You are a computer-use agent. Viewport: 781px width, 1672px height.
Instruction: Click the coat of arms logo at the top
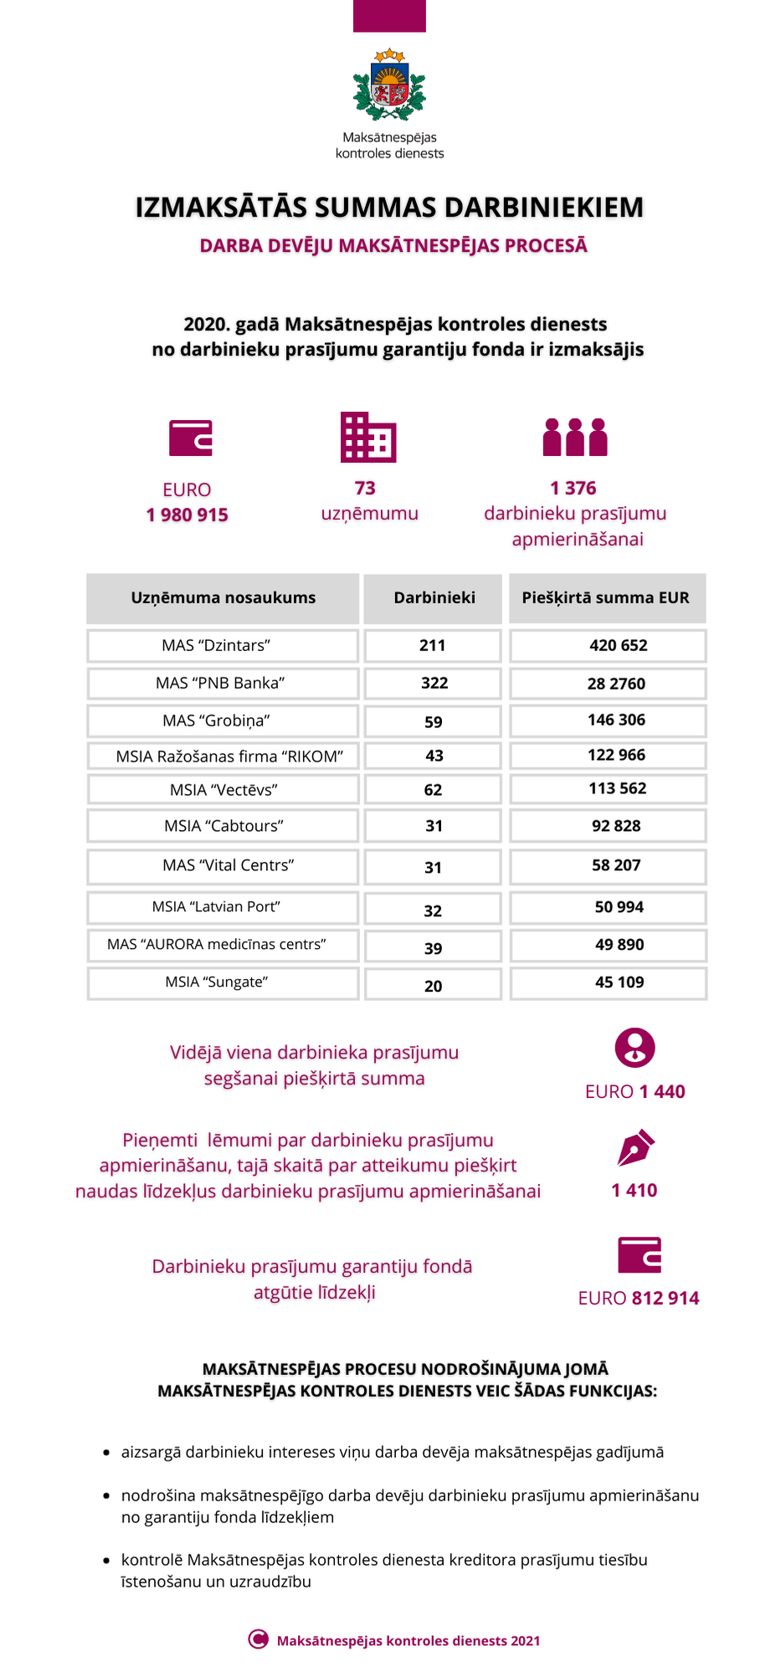tap(389, 86)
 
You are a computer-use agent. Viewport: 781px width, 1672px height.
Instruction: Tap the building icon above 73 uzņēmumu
tap(368, 437)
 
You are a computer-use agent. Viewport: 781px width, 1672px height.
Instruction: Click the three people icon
tap(575, 437)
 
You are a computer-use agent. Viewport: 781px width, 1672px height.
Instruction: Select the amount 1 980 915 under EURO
tap(188, 515)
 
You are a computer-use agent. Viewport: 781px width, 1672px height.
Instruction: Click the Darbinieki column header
tap(434, 598)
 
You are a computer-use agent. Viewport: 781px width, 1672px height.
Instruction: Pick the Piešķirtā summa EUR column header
tap(606, 598)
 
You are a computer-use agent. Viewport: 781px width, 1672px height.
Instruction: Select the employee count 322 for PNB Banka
tap(434, 683)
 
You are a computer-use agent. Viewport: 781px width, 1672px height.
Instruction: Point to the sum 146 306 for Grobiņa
tap(616, 720)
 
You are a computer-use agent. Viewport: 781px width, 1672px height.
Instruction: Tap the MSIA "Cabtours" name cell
tap(224, 826)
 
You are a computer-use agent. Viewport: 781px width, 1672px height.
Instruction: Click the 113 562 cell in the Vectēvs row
tap(617, 788)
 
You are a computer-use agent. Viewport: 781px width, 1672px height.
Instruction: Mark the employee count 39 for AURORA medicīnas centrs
tap(433, 948)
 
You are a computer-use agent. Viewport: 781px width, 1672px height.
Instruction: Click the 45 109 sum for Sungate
tap(619, 982)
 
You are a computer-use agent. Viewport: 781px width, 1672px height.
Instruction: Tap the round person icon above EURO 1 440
tap(635, 1047)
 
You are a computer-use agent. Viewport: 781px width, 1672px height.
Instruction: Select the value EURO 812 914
tap(639, 1298)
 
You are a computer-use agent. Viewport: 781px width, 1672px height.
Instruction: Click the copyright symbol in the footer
tap(258, 1639)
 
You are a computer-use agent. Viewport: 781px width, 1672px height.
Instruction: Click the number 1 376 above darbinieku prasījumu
tap(573, 488)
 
